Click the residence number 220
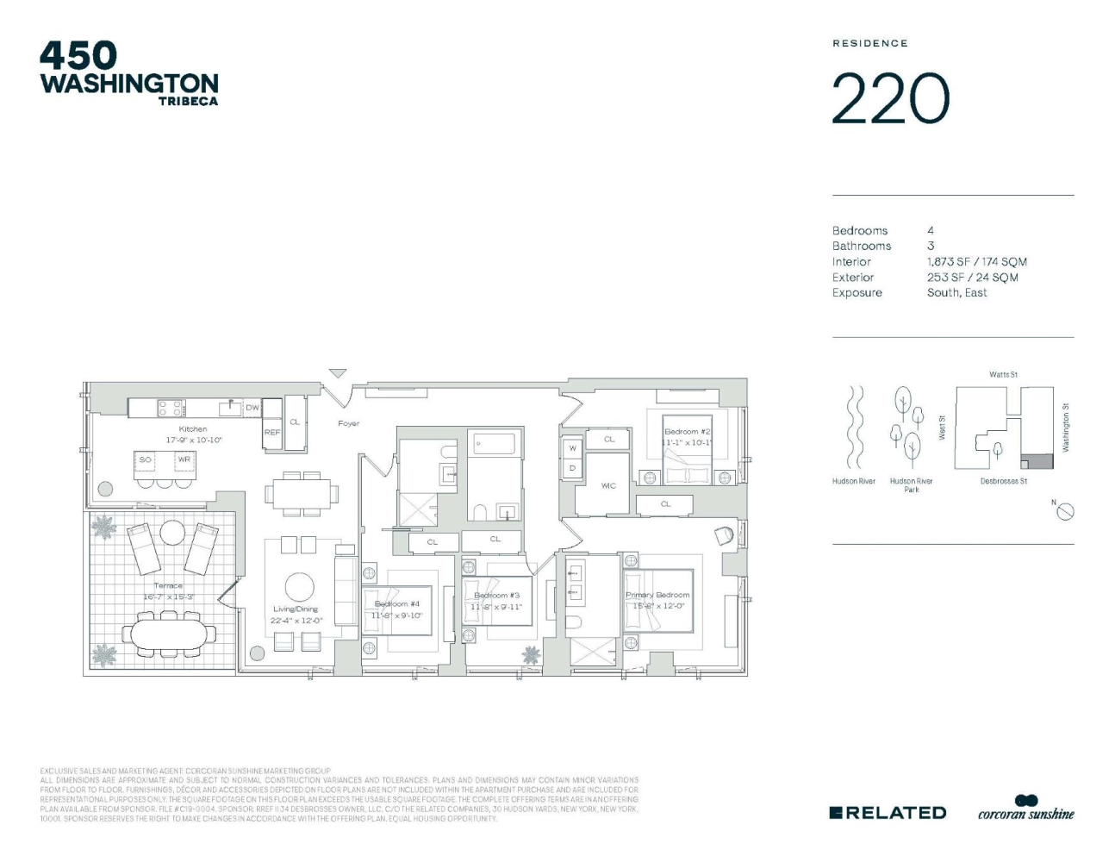890,99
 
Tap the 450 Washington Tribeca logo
129,74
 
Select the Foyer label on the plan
348,423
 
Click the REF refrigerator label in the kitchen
271,432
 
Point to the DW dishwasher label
252,408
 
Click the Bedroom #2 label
687,432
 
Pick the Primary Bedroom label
657,595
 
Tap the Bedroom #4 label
396,604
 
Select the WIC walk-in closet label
608,485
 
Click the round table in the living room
300,586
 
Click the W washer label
572,448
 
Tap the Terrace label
168,586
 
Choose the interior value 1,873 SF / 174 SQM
976,262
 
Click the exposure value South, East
956,293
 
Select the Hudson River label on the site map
853,481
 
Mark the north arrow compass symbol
1065,511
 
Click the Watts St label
1003,375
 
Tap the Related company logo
888,812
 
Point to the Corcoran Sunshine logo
1026,809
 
